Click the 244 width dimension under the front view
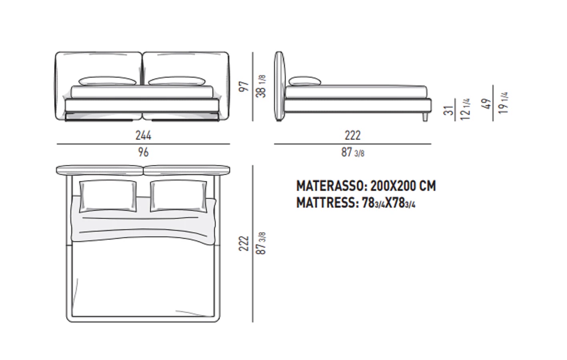click(144, 135)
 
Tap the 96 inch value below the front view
click(143, 152)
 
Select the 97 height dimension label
click(244, 86)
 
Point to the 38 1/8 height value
click(261, 86)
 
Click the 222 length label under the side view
click(353, 135)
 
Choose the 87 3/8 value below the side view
click(353, 152)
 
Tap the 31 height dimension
click(449, 110)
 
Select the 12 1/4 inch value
click(465, 109)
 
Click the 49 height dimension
click(487, 104)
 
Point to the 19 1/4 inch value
click(503, 103)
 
